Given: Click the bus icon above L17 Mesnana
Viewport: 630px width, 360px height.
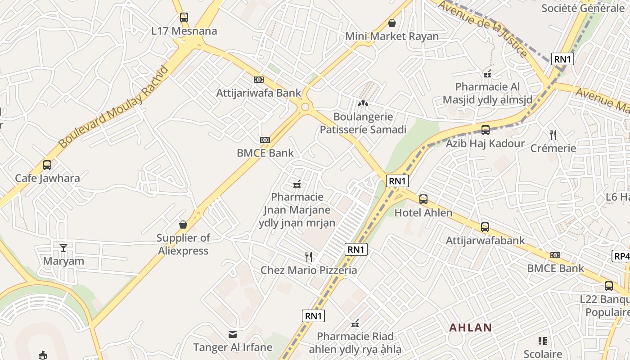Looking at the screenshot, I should (x=184, y=18).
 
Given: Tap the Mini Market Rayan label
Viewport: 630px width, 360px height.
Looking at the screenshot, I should (x=392, y=36).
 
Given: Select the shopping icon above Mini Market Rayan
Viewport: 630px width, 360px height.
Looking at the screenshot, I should (x=392, y=22).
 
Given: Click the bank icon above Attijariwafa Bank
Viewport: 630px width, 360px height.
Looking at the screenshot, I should (x=259, y=79).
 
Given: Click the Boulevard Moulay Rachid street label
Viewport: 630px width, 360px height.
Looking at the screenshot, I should (x=114, y=107).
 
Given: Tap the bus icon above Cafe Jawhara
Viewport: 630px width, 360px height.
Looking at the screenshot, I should (x=47, y=165).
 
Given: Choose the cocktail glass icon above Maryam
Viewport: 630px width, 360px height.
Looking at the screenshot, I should (x=63, y=247).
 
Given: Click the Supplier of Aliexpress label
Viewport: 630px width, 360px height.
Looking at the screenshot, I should (x=183, y=244).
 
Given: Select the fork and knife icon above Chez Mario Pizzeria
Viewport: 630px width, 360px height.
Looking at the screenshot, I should (x=309, y=257).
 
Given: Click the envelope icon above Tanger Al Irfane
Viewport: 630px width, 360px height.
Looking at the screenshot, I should (x=233, y=334).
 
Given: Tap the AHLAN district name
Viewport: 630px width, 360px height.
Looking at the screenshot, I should (x=471, y=328).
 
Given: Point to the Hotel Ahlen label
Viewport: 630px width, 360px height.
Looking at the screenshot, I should (x=423, y=212).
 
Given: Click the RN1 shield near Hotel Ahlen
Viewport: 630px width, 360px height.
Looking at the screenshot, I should (x=397, y=181).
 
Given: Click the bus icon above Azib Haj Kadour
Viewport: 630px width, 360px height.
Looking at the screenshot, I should (x=485, y=130).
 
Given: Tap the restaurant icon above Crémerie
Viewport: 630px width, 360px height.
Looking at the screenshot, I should (x=553, y=135).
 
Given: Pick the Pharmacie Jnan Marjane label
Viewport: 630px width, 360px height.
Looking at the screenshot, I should (x=297, y=210).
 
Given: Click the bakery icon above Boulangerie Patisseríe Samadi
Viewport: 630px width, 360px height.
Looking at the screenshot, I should (x=363, y=103).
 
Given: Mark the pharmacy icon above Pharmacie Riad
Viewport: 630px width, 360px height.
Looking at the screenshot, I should (x=355, y=323).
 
